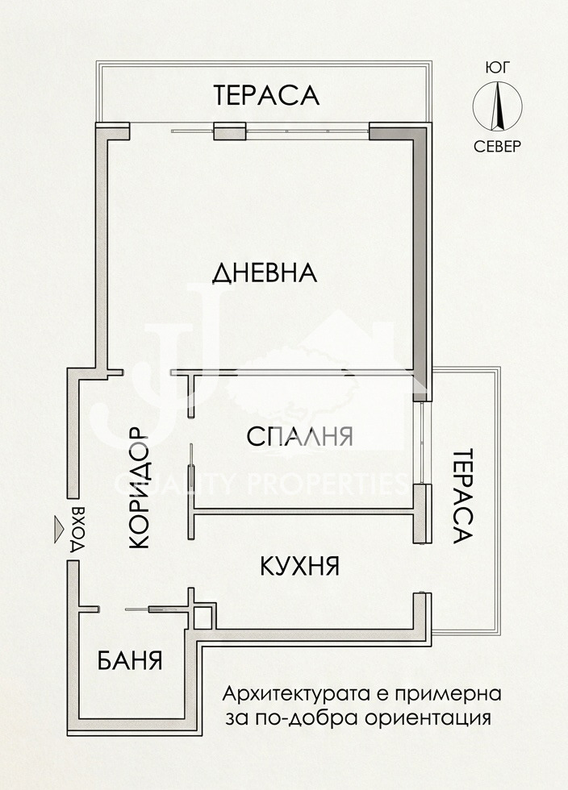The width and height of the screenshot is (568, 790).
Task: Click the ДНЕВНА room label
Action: click(264, 273)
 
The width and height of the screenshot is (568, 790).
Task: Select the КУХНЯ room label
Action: click(299, 566)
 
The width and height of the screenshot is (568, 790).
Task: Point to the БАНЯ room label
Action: click(130, 661)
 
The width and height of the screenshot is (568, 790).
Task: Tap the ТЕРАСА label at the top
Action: click(266, 95)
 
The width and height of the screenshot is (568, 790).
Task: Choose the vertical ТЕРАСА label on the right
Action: click(461, 496)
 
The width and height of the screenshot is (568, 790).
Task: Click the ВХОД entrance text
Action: click(79, 530)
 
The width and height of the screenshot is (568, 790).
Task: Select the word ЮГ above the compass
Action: click(497, 69)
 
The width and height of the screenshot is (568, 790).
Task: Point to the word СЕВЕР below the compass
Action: click(497, 147)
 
